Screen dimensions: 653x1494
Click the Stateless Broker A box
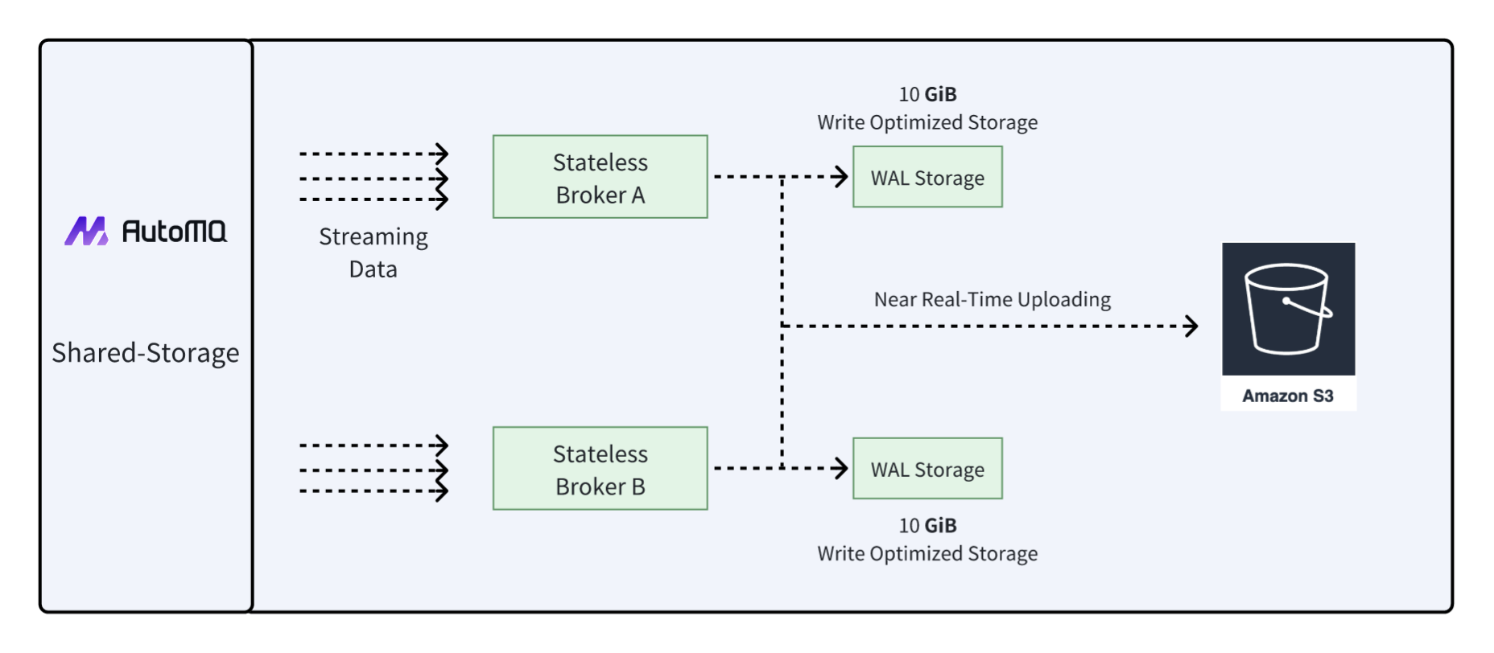pos(600,177)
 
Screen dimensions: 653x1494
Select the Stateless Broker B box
pos(600,469)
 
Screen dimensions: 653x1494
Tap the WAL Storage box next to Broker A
pos(927,177)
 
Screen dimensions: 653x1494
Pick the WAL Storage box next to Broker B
pos(927,469)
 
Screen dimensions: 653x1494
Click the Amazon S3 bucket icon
pos(1287,309)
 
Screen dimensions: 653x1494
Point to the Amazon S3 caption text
pos(1287,396)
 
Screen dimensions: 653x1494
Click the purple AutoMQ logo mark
pos(86,232)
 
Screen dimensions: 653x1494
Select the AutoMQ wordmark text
pos(174,232)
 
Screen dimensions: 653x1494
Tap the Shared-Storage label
pos(146,353)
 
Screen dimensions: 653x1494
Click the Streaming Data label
pos(373,253)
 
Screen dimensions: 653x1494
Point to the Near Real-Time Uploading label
pos(992,299)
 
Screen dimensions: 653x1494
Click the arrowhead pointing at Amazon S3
pos(1192,326)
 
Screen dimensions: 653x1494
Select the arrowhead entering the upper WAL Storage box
pos(841,176)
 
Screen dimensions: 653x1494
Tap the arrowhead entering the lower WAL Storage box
pos(841,468)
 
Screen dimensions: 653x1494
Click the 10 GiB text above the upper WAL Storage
pos(927,94)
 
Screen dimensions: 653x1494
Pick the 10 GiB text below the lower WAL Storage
pos(927,526)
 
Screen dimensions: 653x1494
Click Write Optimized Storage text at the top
pos(927,122)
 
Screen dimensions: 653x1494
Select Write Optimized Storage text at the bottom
pos(927,554)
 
